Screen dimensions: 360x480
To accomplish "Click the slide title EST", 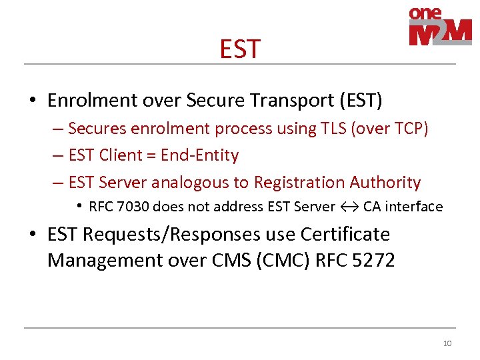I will [240, 49].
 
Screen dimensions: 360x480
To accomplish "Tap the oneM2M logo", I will [440, 27].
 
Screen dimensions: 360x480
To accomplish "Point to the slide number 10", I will [447, 343].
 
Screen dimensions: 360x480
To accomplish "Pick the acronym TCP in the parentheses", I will [409, 129].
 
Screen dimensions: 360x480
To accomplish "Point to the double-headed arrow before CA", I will [349, 207].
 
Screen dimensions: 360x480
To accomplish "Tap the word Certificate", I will [345, 235].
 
